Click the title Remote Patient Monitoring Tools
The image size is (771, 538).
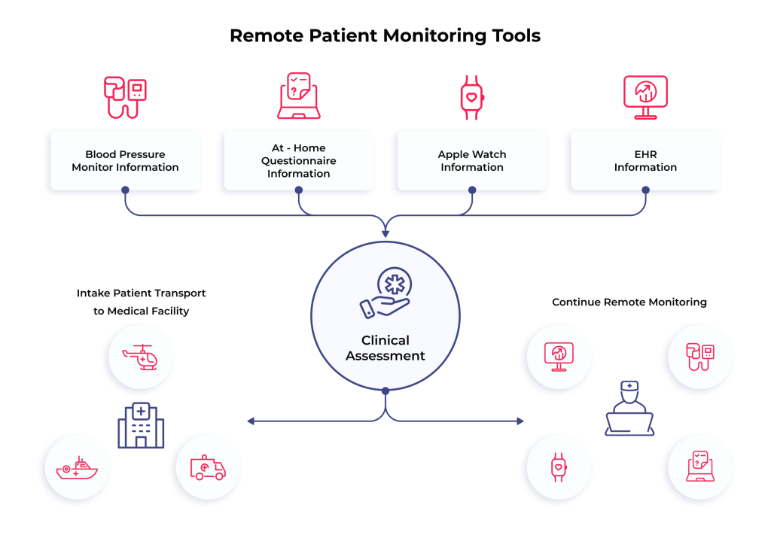385,35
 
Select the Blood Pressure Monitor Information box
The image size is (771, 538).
125,161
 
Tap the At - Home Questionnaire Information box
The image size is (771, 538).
298,161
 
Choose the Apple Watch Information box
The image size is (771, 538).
472,161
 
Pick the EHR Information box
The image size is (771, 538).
645,161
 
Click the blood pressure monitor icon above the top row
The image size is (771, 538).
125,96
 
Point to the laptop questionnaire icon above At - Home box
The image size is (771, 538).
299,96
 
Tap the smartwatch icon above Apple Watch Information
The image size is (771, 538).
472,97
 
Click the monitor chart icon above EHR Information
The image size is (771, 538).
645,97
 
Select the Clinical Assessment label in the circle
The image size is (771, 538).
385,348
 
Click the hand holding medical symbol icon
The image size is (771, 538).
385,293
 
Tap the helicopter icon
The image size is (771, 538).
141,357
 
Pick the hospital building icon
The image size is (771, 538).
141,425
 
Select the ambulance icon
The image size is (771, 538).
209,467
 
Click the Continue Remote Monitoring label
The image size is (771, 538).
629,302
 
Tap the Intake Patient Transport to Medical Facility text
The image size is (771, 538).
142,301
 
